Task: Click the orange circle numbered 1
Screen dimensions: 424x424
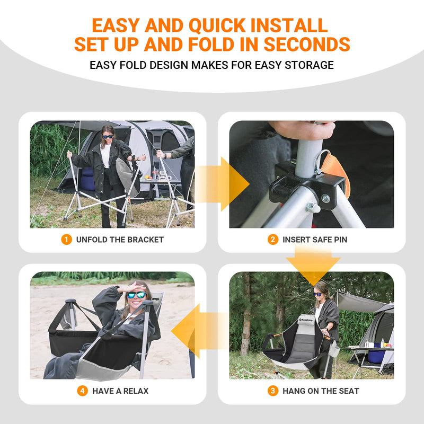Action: pyautogui.click(x=66, y=240)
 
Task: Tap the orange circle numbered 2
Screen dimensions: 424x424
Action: pyautogui.click(x=273, y=240)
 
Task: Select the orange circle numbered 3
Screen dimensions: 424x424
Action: pyautogui.click(x=273, y=391)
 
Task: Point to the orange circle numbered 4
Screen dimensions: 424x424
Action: pyautogui.click(x=82, y=391)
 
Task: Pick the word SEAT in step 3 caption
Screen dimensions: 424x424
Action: pyautogui.click(x=349, y=391)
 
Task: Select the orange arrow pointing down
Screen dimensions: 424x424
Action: pyautogui.click(x=313, y=265)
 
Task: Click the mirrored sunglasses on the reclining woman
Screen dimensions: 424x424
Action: pyautogui.click(x=136, y=295)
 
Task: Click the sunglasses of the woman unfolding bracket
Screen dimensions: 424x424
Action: pyautogui.click(x=108, y=136)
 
